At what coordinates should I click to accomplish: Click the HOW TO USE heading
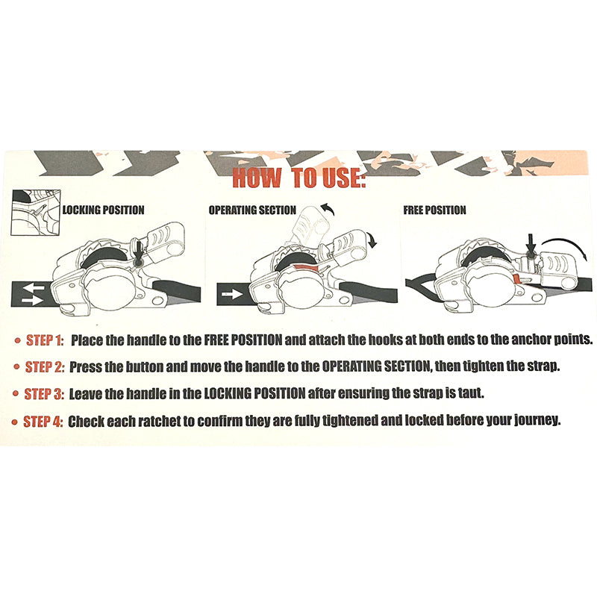pos(299,178)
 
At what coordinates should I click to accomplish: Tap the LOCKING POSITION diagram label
pos(104,210)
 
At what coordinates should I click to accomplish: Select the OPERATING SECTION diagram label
pos(252,210)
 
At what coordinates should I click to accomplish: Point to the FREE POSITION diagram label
pos(434,210)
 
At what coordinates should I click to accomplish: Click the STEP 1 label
pos(45,340)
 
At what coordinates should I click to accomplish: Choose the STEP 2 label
pos(45,366)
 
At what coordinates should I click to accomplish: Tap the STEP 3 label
pos(44,394)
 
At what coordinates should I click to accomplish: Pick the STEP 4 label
pos(43,422)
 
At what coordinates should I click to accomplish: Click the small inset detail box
pos(35,212)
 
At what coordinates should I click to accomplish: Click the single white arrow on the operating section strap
pos(232,294)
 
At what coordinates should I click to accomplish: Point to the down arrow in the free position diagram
pos(531,245)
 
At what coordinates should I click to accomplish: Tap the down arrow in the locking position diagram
pos(139,250)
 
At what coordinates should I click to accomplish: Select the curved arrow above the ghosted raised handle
pos(328,209)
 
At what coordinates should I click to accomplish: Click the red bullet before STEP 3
pos(15,394)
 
